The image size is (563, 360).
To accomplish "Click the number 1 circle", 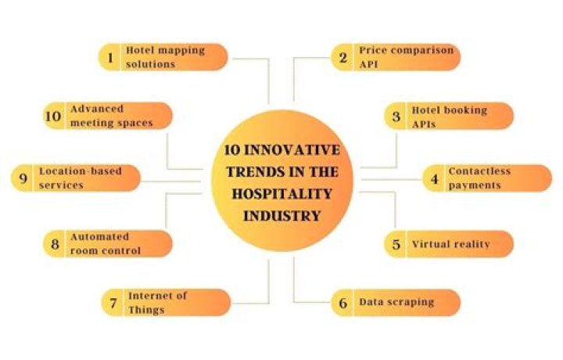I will [110, 57].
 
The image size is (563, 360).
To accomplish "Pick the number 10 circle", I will [54, 117].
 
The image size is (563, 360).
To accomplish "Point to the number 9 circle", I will [22, 178].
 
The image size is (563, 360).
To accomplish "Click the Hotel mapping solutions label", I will [165, 57].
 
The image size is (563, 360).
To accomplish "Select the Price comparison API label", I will [406, 57].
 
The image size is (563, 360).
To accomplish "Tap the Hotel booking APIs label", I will [449, 117].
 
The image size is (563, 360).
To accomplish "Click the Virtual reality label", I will [450, 243].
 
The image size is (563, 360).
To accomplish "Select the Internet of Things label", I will [158, 302].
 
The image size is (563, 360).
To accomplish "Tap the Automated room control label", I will [106, 243].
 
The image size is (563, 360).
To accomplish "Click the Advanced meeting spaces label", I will [110, 117].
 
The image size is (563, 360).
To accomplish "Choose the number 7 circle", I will [113, 302].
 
